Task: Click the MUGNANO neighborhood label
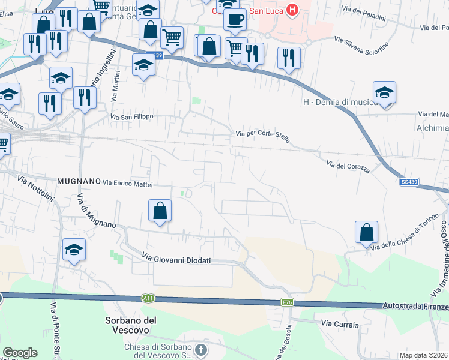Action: (x=79, y=181)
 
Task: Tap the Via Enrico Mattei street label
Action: (x=128, y=182)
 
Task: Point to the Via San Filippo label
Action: (x=132, y=116)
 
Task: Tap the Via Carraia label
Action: (x=340, y=325)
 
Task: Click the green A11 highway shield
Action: (x=148, y=298)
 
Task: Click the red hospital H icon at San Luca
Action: (x=292, y=9)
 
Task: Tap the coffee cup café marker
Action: (x=234, y=19)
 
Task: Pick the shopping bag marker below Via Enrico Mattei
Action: (x=160, y=211)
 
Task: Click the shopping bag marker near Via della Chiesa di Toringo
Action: (x=366, y=232)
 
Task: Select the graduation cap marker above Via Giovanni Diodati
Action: (x=74, y=249)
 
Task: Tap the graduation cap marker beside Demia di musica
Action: (x=384, y=92)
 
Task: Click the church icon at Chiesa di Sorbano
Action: (x=200, y=349)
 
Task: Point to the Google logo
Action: (x=20, y=353)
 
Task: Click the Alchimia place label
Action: (x=432, y=128)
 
